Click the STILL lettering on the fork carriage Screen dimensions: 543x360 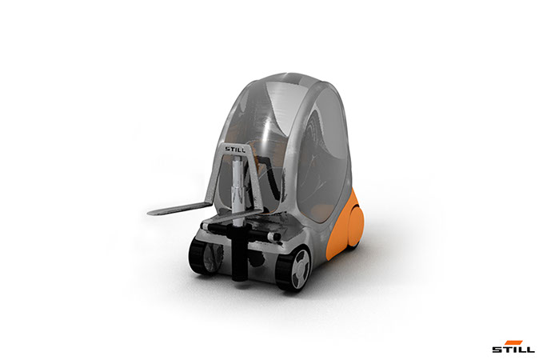click(x=235, y=150)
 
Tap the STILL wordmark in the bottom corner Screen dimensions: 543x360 click(x=513, y=349)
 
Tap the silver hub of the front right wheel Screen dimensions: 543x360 click(x=300, y=269)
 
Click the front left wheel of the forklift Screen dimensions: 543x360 click(x=205, y=256)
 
